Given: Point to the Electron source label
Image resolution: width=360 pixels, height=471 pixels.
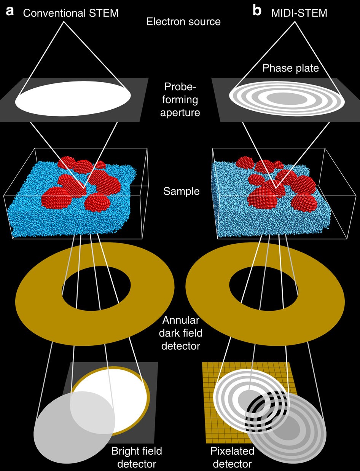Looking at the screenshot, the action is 183,22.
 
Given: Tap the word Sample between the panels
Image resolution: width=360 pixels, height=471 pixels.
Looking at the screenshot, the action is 182,191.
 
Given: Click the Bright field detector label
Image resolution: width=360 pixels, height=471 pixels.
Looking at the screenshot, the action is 136,458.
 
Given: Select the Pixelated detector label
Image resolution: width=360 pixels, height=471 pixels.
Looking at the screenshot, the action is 232,458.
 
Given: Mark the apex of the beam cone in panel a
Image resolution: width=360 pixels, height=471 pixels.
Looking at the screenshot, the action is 64,21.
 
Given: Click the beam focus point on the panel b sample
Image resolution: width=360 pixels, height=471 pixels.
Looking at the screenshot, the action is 275,187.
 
